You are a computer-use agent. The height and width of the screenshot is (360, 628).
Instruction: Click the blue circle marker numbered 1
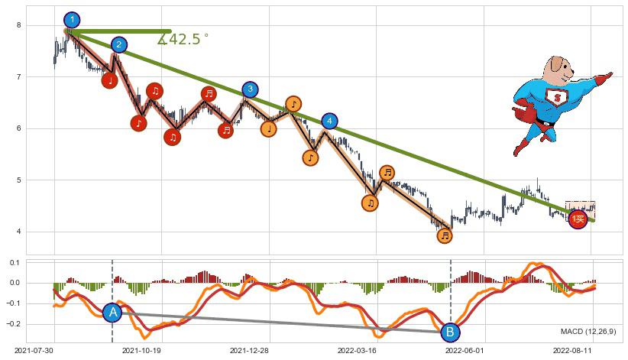pyautogui.click(x=72, y=20)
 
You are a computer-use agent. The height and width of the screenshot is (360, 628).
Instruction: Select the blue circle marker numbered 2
pyautogui.click(x=118, y=45)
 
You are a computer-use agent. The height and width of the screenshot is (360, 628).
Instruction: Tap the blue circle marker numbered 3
pyautogui.click(x=251, y=89)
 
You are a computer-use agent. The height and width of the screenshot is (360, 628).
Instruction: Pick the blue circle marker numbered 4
pyautogui.click(x=329, y=121)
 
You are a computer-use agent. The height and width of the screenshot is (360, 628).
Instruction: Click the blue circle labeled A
pyautogui.click(x=112, y=312)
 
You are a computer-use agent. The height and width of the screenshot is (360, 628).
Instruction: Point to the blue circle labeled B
pyautogui.click(x=450, y=332)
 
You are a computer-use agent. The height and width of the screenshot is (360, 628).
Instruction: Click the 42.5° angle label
pyautogui.click(x=183, y=39)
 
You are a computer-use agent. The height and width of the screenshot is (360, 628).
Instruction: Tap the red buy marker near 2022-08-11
pyautogui.click(x=578, y=220)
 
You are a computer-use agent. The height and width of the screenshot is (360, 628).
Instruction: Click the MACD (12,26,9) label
pyautogui.click(x=589, y=331)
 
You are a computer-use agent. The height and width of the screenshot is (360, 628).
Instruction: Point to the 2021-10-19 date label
pyautogui.click(x=141, y=351)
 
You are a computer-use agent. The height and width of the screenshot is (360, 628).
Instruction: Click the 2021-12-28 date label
pyautogui.click(x=249, y=351)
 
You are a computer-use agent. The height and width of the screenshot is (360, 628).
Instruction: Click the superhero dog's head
pyautogui.click(x=558, y=70)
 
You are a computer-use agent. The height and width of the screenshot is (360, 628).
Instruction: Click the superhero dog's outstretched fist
pyautogui.click(x=607, y=76)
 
